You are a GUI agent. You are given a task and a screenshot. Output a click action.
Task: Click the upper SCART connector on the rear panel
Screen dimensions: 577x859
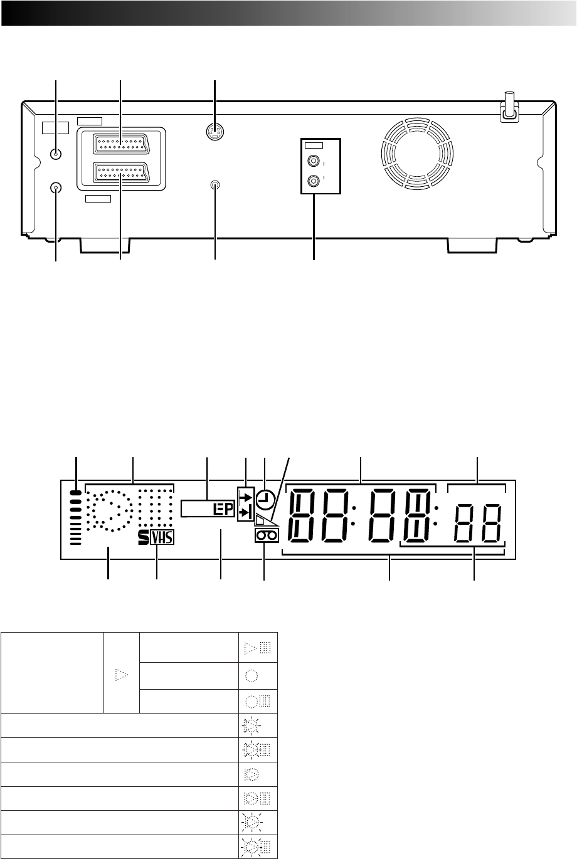121,144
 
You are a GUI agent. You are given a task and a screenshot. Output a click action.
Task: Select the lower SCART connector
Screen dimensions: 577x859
121,172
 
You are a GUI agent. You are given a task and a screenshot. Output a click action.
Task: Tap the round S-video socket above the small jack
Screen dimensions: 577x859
215,132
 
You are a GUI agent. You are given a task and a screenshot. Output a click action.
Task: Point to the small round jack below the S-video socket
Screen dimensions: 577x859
215,185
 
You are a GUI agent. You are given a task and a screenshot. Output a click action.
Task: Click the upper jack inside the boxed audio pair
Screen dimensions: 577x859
314,161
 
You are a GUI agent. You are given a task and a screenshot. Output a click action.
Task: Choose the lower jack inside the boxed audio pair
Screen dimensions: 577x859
314,179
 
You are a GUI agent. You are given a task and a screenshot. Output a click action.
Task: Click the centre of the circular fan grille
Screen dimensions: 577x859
417,154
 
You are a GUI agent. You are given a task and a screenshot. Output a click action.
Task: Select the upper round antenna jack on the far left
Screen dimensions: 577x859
56,154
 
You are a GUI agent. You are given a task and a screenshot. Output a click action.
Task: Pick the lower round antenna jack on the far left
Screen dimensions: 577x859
56,188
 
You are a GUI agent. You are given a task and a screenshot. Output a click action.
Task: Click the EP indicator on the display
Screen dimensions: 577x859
223,509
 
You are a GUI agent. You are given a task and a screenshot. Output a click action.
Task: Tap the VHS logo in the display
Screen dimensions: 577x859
162,537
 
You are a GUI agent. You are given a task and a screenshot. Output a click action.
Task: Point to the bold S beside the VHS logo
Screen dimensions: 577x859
144,537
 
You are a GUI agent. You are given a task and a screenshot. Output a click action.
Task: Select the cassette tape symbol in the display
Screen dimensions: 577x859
267,536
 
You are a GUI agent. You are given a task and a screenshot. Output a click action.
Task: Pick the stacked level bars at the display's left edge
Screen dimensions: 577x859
76,517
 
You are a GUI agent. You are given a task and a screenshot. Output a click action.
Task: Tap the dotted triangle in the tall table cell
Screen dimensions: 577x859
121,675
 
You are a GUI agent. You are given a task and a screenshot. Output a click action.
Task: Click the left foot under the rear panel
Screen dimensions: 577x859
104,245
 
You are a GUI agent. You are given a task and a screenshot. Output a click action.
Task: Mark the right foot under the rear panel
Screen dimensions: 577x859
472,245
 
